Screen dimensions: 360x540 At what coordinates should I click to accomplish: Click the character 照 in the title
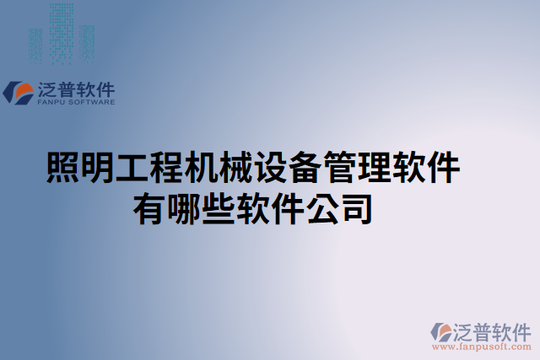pos(62,168)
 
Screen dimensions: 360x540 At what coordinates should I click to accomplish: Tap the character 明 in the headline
pos(96,168)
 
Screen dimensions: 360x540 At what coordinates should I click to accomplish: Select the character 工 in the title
pos(131,168)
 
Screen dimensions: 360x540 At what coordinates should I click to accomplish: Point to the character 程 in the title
pos(166,168)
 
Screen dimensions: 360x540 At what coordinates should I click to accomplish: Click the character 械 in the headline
pos(236,168)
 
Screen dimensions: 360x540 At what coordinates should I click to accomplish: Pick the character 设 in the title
pos(271,168)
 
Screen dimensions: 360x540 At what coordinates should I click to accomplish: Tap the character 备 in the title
pos(305,168)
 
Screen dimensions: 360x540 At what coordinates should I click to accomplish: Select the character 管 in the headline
pos(340,168)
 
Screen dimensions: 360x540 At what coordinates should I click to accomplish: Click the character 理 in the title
pos(375,168)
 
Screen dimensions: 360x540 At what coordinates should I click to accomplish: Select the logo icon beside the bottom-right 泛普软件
pos(441,333)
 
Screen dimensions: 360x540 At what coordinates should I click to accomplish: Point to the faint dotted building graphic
pos(61,34)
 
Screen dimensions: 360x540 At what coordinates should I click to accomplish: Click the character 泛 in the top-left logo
pos(46,89)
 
